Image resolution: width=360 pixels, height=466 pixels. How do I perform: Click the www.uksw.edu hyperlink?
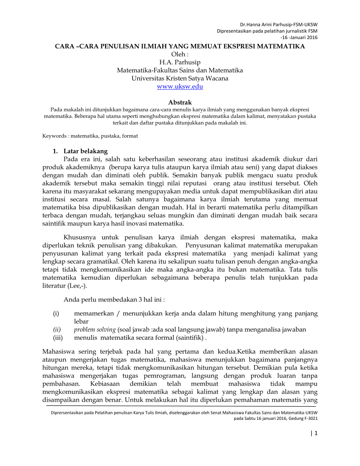(180, 86)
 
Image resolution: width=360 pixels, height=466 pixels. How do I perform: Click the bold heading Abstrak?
(180, 103)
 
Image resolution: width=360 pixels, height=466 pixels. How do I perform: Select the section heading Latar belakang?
(86, 151)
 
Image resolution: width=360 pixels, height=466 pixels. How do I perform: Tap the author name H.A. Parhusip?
(180, 62)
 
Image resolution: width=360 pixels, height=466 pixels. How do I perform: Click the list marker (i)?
(56, 313)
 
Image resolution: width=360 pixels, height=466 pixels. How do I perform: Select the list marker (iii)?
(58, 338)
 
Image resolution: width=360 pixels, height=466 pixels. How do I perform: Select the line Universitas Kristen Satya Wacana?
(180, 78)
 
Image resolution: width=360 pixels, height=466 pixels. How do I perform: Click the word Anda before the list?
(71, 300)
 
